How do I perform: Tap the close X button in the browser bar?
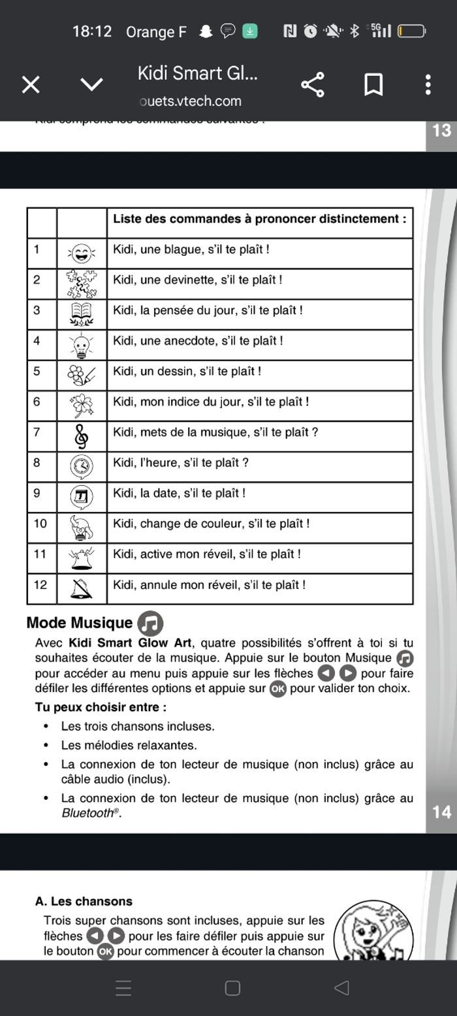point(31,84)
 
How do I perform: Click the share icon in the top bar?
point(313,84)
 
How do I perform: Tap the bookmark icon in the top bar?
point(373,84)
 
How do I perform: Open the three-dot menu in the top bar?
point(428,84)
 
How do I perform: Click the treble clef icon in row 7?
point(82,436)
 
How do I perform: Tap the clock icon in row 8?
point(82,466)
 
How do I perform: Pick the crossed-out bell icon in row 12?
point(82,588)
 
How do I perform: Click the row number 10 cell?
point(41,524)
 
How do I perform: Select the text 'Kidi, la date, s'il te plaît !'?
point(179,494)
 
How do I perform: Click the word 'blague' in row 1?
point(183,249)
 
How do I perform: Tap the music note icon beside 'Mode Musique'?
point(150,624)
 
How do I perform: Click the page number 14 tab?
point(441,812)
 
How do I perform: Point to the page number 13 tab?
point(441,131)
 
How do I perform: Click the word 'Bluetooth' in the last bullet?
point(88,814)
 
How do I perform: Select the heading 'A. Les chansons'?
point(84,901)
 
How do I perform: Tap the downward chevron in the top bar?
point(91,84)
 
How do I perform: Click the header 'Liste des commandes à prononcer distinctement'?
point(260,219)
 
